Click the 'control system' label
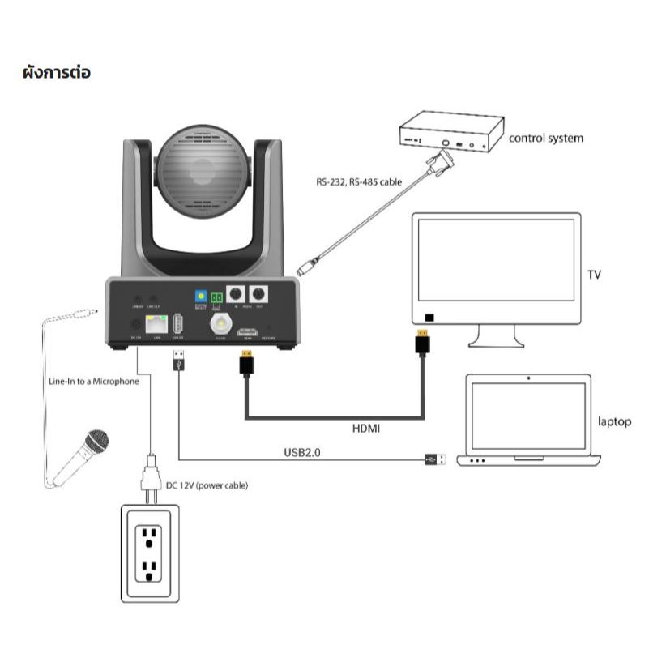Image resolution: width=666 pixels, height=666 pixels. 545,138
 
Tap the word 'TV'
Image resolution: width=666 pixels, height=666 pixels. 594,275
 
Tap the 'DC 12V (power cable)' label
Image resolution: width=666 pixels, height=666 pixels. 207,485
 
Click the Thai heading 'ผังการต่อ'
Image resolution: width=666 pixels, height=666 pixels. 57,73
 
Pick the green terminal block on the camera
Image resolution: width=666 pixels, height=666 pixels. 216,298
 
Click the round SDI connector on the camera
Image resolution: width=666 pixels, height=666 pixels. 220,325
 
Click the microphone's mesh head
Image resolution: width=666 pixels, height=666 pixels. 96,442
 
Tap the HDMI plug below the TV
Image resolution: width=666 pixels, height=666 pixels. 422,342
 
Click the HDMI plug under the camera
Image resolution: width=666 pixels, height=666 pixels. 245,363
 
